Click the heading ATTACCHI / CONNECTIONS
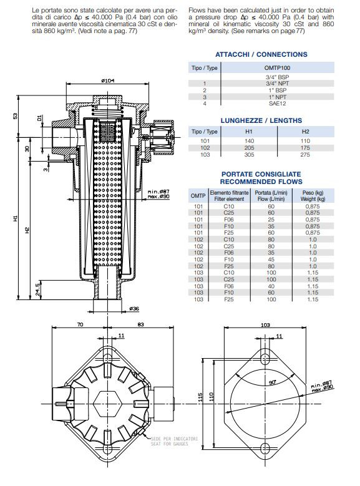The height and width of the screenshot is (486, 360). pyautogui.click(x=261, y=54)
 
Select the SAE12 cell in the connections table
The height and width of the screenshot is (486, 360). pyautogui.click(x=277, y=104)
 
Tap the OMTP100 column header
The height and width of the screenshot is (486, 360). pyautogui.click(x=277, y=67)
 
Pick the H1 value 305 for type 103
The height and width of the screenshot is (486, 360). pyautogui.click(x=249, y=154)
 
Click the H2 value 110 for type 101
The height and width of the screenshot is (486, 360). pyautogui.click(x=305, y=141)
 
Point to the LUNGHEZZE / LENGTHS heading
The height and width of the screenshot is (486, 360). pyautogui.click(x=261, y=120)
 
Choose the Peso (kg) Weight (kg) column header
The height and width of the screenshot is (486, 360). pyautogui.click(x=313, y=195)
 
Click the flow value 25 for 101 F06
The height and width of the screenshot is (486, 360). pyautogui.click(x=271, y=220)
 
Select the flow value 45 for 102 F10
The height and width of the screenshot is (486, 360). pyautogui.click(x=271, y=260)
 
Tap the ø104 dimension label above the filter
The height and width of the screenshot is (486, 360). pyautogui.click(x=107, y=80)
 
